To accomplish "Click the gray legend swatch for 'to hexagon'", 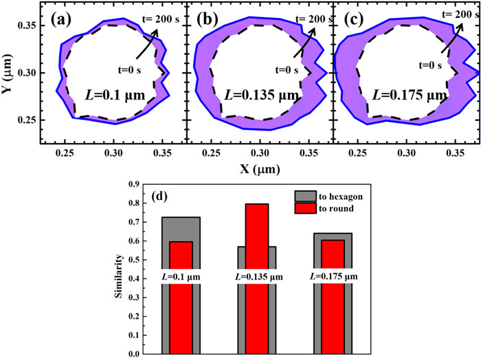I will tap(306, 196).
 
